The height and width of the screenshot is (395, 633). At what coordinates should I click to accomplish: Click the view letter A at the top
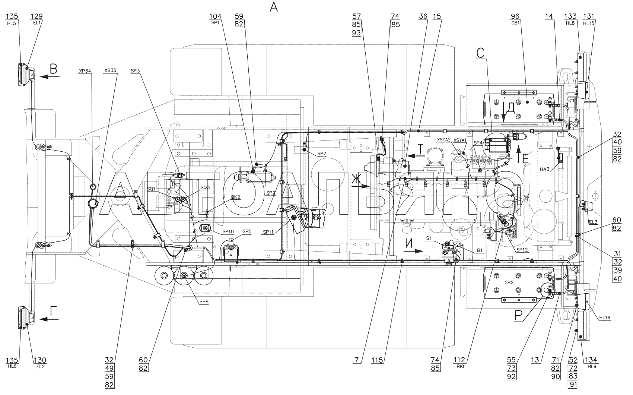pyautogui.click(x=274, y=7)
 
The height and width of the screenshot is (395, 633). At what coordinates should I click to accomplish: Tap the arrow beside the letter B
pyautogui.click(x=50, y=76)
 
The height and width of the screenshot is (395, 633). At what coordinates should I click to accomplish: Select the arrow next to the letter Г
pyautogui.click(x=49, y=319)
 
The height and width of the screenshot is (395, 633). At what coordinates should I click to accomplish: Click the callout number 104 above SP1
pyautogui.click(x=215, y=16)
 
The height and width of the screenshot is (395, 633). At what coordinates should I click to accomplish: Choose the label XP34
pyautogui.click(x=85, y=71)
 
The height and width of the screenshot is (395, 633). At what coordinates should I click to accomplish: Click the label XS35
pyautogui.click(x=110, y=71)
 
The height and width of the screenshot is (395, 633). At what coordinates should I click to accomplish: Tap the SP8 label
pyautogui.click(x=204, y=302)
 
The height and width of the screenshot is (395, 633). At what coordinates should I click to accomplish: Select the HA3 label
pyautogui.click(x=544, y=170)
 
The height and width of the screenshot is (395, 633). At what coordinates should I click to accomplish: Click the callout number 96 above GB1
pyautogui.click(x=515, y=16)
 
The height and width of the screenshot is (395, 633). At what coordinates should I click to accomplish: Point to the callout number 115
pyautogui.click(x=377, y=360)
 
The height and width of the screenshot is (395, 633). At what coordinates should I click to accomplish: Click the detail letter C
pyautogui.click(x=480, y=53)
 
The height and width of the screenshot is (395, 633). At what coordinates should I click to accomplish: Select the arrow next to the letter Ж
pyautogui.click(x=361, y=186)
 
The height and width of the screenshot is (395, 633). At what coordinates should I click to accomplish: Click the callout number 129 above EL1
pyautogui.click(x=36, y=16)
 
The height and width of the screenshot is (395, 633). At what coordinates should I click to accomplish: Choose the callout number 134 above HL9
pyautogui.click(x=591, y=360)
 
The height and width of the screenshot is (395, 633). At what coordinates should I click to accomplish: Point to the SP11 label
pyautogui.click(x=268, y=232)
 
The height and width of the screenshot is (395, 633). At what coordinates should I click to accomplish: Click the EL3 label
pyautogui.click(x=593, y=222)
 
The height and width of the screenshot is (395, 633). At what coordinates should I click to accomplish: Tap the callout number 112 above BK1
pyautogui.click(x=459, y=360)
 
